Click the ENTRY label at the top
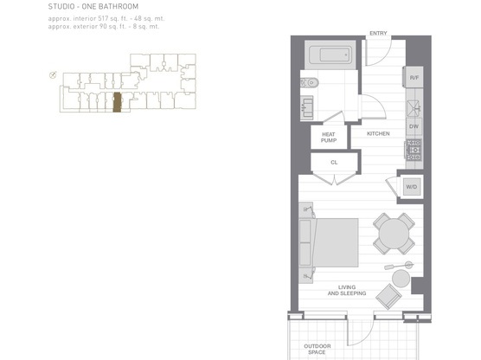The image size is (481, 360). tap(378, 34)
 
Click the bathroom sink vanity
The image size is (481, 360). tap(310, 108)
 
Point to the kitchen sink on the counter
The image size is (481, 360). tap(414, 107)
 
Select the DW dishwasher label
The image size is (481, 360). tap(414, 126)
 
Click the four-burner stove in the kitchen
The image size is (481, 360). tap(414, 150)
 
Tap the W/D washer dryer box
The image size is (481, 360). tap(411, 186)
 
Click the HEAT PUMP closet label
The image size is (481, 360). tap(329, 136)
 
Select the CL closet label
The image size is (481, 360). tap(333, 162)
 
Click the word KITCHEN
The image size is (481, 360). tap(378, 134)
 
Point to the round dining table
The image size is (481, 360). tap(394, 233)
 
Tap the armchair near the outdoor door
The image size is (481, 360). tap(389, 296)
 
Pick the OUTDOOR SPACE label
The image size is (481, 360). tap(317, 350)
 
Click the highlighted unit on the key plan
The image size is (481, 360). tap(117, 103)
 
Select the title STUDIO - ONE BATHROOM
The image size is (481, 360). tap(93, 7)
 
